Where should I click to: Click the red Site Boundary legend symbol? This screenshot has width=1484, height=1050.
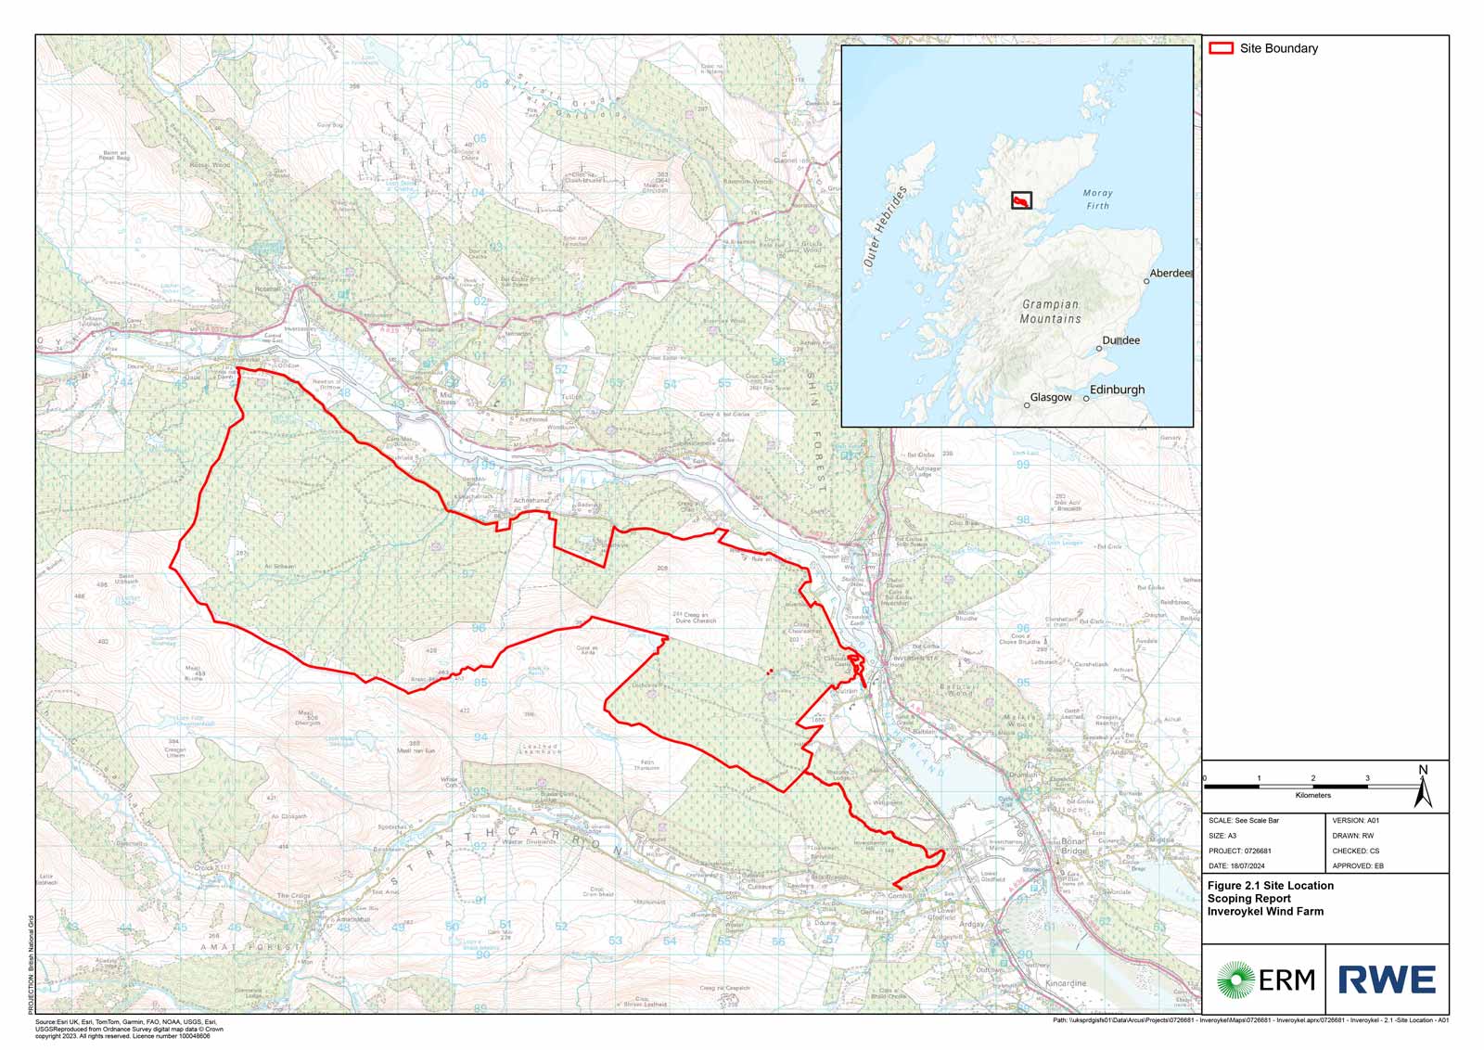point(1222,48)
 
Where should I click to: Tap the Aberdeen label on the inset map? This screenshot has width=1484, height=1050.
point(1170,274)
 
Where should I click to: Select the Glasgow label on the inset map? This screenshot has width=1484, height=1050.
point(1050,397)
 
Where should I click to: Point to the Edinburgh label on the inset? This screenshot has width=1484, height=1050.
point(1117,390)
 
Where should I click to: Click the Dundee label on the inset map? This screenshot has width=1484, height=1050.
point(1120,340)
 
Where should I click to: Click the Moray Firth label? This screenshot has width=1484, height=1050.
point(1097,199)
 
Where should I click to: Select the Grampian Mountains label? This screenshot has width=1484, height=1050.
point(1050,312)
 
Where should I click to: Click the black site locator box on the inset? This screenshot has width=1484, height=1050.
point(1021,200)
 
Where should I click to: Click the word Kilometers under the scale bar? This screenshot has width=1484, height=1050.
point(1312,795)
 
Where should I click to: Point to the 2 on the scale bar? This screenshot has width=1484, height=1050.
point(1312,778)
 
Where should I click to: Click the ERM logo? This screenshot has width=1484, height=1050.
point(1265,979)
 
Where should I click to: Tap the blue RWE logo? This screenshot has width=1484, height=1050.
point(1387,980)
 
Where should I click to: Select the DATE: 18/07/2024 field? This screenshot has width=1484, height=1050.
point(1239,865)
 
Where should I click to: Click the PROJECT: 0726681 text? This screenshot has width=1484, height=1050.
point(1239,851)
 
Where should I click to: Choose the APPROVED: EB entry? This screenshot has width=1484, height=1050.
point(1358,865)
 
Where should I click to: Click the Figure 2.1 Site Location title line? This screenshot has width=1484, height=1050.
point(1270,886)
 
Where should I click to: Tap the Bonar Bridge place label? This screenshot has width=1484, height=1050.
point(1073,846)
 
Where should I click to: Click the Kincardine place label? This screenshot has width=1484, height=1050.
point(1065,983)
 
